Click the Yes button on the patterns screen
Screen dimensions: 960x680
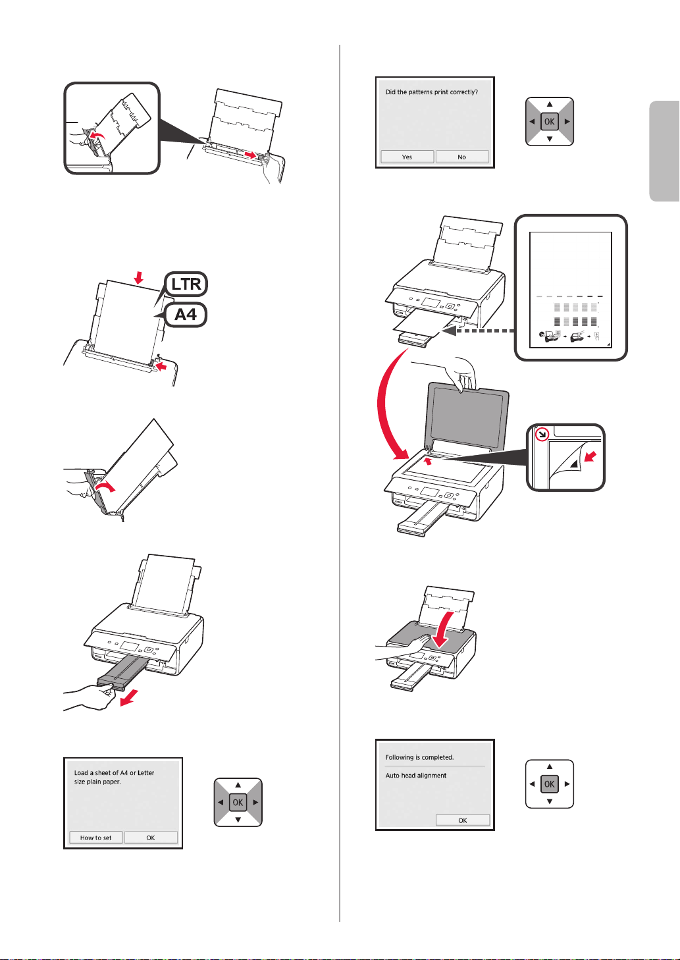coord(407,157)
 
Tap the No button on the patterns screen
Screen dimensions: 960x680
coord(462,157)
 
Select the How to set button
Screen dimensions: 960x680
coord(96,838)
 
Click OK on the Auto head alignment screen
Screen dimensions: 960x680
coord(463,820)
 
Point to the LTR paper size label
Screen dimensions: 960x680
coord(186,284)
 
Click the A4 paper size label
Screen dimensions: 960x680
coord(186,315)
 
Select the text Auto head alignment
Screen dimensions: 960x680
coord(416,776)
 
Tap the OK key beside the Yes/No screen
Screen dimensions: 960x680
coord(550,122)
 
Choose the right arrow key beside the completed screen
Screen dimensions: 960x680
coord(567,784)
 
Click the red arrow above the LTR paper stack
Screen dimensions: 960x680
coord(138,279)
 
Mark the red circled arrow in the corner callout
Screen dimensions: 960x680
coord(541,435)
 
